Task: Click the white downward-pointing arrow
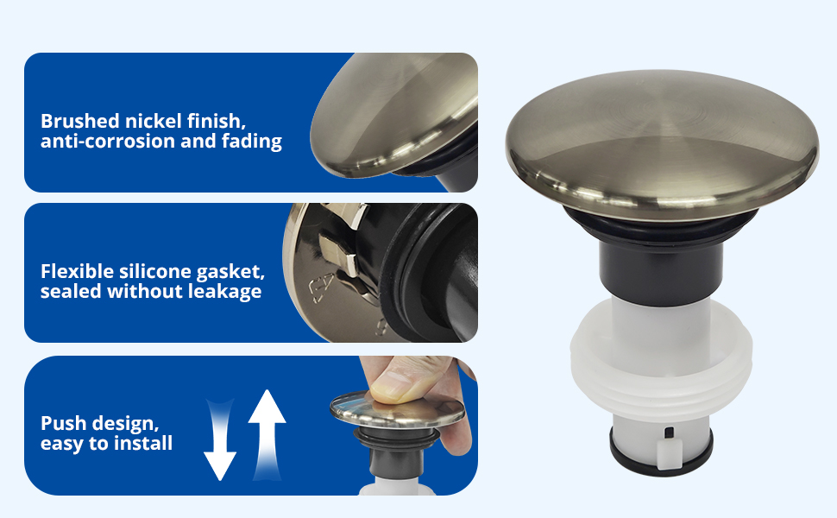click(x=219, y=439)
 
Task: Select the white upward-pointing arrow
click(x=267, y=433)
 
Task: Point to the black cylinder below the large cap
click(x=661, y=268)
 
